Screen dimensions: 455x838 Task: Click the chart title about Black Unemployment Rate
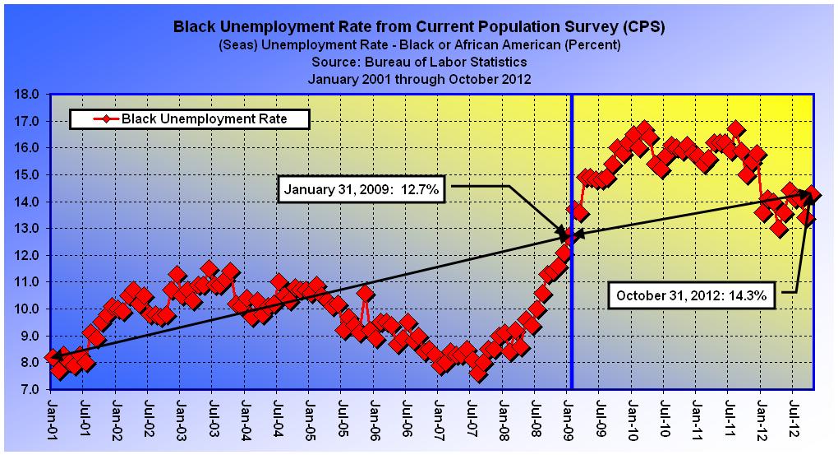419,27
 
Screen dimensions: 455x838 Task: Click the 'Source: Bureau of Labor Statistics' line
419,62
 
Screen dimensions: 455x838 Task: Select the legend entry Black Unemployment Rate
188,119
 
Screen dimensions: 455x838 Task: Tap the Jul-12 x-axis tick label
794,419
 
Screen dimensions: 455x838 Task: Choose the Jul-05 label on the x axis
343,419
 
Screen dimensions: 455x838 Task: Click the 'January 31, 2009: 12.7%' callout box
364,190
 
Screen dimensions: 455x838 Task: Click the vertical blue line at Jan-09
571,313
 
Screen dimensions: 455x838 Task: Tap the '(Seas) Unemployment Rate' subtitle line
419,44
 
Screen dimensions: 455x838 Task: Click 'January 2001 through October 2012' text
419,79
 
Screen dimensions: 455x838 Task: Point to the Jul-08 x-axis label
536,419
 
